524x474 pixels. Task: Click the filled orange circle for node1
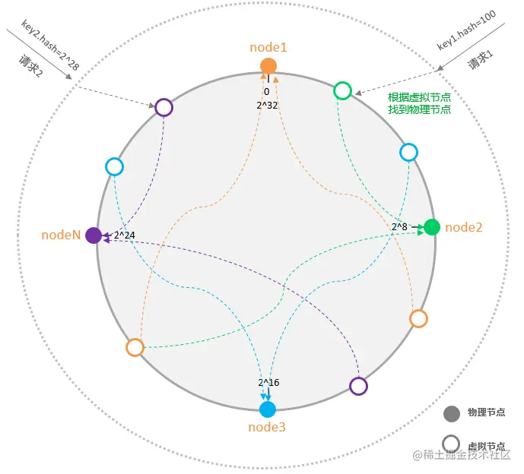[268, 65]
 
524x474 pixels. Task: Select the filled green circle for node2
[432, 226]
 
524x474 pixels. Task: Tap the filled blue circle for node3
[268, 409]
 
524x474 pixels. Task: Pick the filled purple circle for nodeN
[94, 235]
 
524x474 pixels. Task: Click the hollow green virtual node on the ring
[343, 91]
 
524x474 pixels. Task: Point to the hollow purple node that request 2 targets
[164, 107]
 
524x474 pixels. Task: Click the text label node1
[268, 47]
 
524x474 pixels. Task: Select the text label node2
[465, 226]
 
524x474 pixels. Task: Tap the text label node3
[267, 427]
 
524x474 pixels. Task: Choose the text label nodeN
[61, 235]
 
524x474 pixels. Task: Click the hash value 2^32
[268, 105]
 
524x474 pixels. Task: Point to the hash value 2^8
[400, 226]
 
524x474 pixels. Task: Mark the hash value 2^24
[125, 235]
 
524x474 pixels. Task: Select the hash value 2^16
[268, 382]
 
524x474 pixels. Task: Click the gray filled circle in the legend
[451, 414]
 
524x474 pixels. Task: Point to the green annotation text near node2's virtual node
[420, 103]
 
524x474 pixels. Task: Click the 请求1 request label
[481, 61]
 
